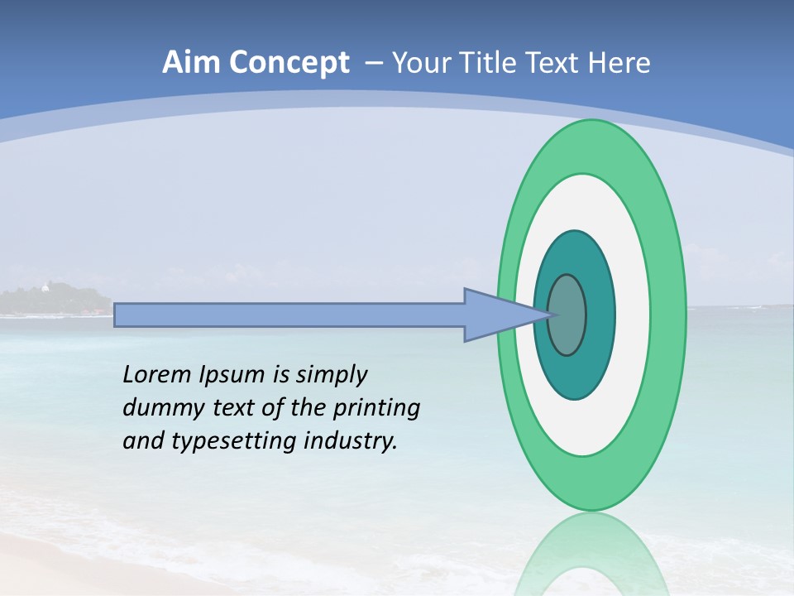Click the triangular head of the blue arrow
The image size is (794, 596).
(496, 315)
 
